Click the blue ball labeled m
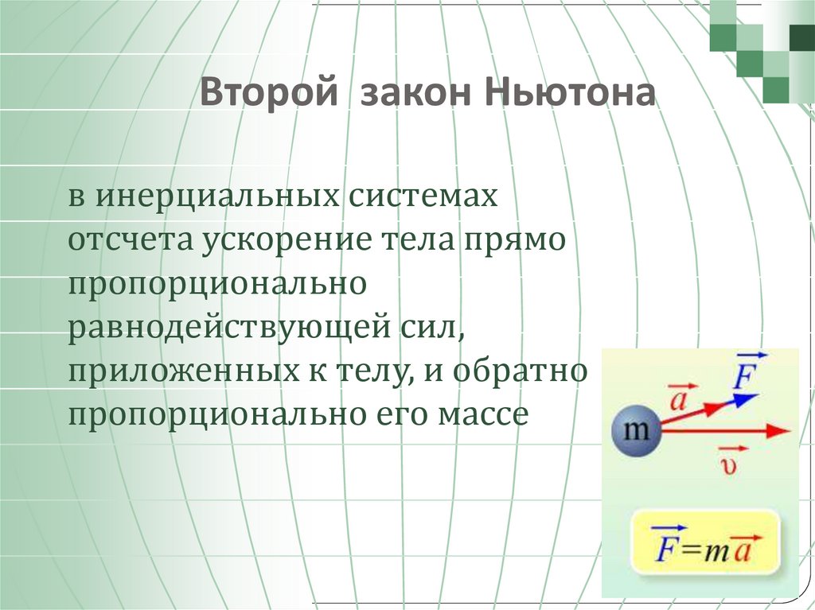634,432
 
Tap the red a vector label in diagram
678,397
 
